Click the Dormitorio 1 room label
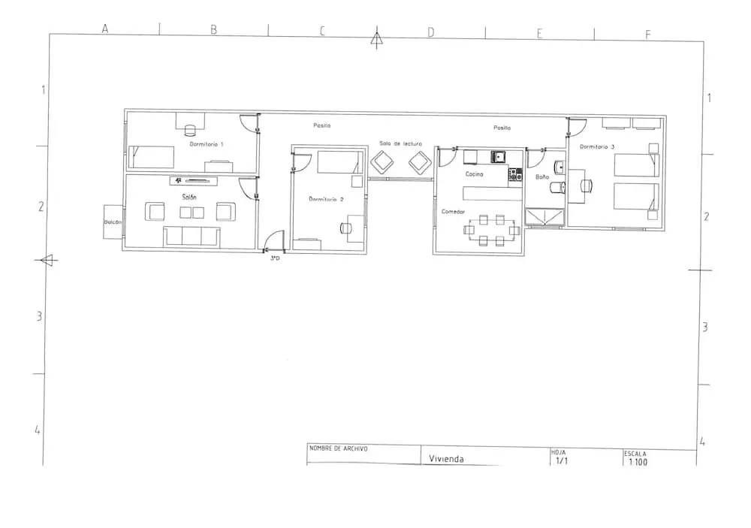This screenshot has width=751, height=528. pyautogui.click(x=206, y=143)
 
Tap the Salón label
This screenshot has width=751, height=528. pyautogui.click(x=189, y=197)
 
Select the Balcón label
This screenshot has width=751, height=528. pyautogui.click(x=113, y=222)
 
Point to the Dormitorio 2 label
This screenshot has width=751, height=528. pyautogui.click(x=326, y=199)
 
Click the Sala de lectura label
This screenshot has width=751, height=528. pyautogui.click(x=400, y=143)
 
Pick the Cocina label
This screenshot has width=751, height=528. pyautogui.click(x=474, y=174)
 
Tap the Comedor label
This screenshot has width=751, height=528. pyautogui.click(x=453, y=211)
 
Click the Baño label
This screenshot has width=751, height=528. pyautogui.click(x=542, y=177)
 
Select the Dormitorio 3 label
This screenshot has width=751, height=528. pyautogui.click(x=597, y=146)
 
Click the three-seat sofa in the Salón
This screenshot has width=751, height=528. pyautogui.click(x=192, y=236)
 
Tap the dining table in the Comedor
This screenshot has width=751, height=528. pyautogui.click(x=492, y=230)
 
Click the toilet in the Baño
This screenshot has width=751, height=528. pyautogui.click(x=558, y=187)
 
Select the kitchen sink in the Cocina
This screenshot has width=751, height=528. pyautogui.click(x=498, y=157)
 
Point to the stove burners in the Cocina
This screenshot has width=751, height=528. pyautogui.click(x=515, y=174)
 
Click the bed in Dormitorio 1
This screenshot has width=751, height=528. pyautogui.click(x=152, y=157)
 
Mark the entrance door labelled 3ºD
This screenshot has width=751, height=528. pyautogui.click(x=273, y=241)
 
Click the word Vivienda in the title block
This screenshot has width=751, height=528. pyautogui.click(x=446, y=458)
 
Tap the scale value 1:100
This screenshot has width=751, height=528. pyautogui.click(x=638, y=462)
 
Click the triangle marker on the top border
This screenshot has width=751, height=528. pyautogui.click(x=377, y=38)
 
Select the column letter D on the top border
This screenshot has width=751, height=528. pyautogui.click(x=431, y=32)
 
